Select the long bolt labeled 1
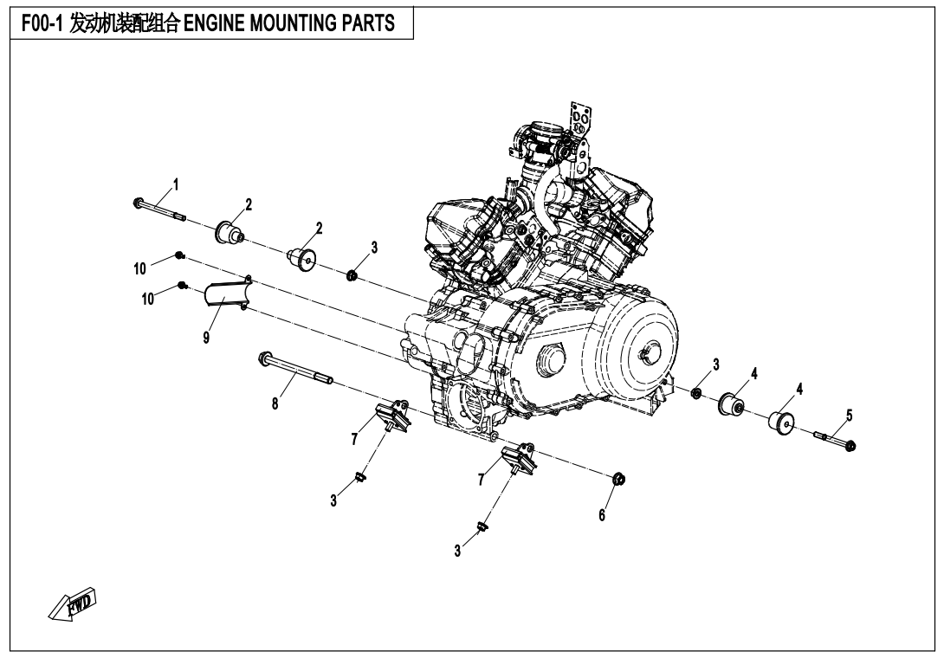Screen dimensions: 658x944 [x=158, y=210]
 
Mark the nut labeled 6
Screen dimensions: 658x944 [x=618, y=479]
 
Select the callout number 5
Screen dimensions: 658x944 [x=849, y=415]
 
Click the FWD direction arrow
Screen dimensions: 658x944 [x=74, y=605]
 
